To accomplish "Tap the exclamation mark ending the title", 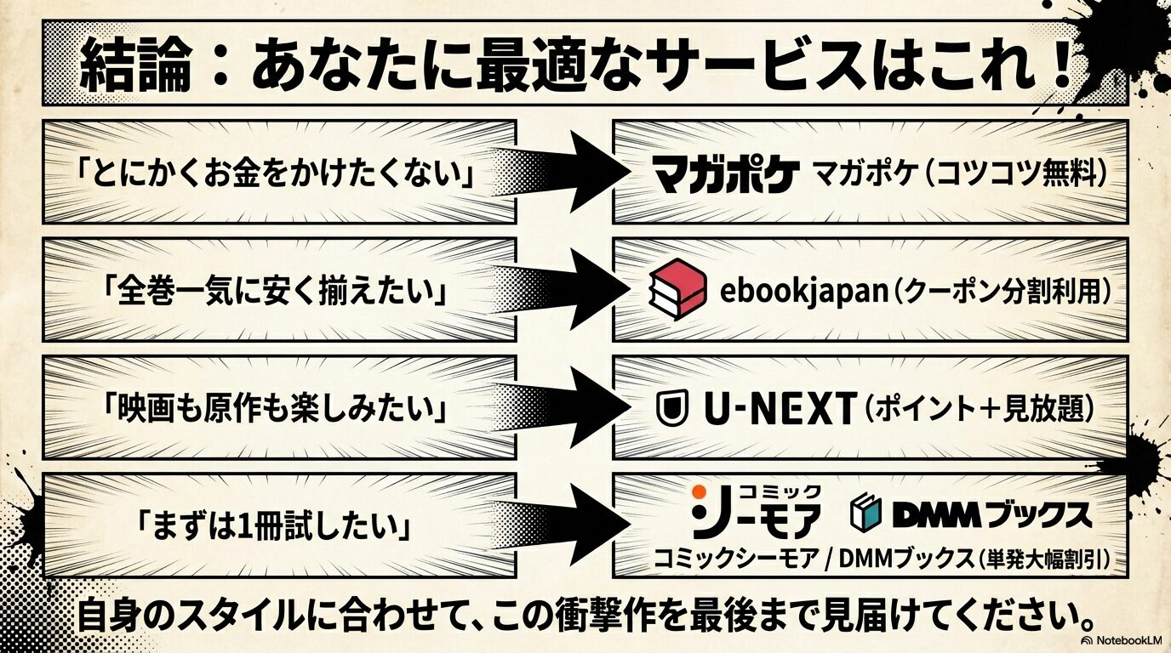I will (1060, 66).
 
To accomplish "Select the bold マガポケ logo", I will (726, 174).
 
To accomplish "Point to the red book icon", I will (677, 290).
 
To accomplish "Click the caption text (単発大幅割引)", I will (1046, 558).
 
